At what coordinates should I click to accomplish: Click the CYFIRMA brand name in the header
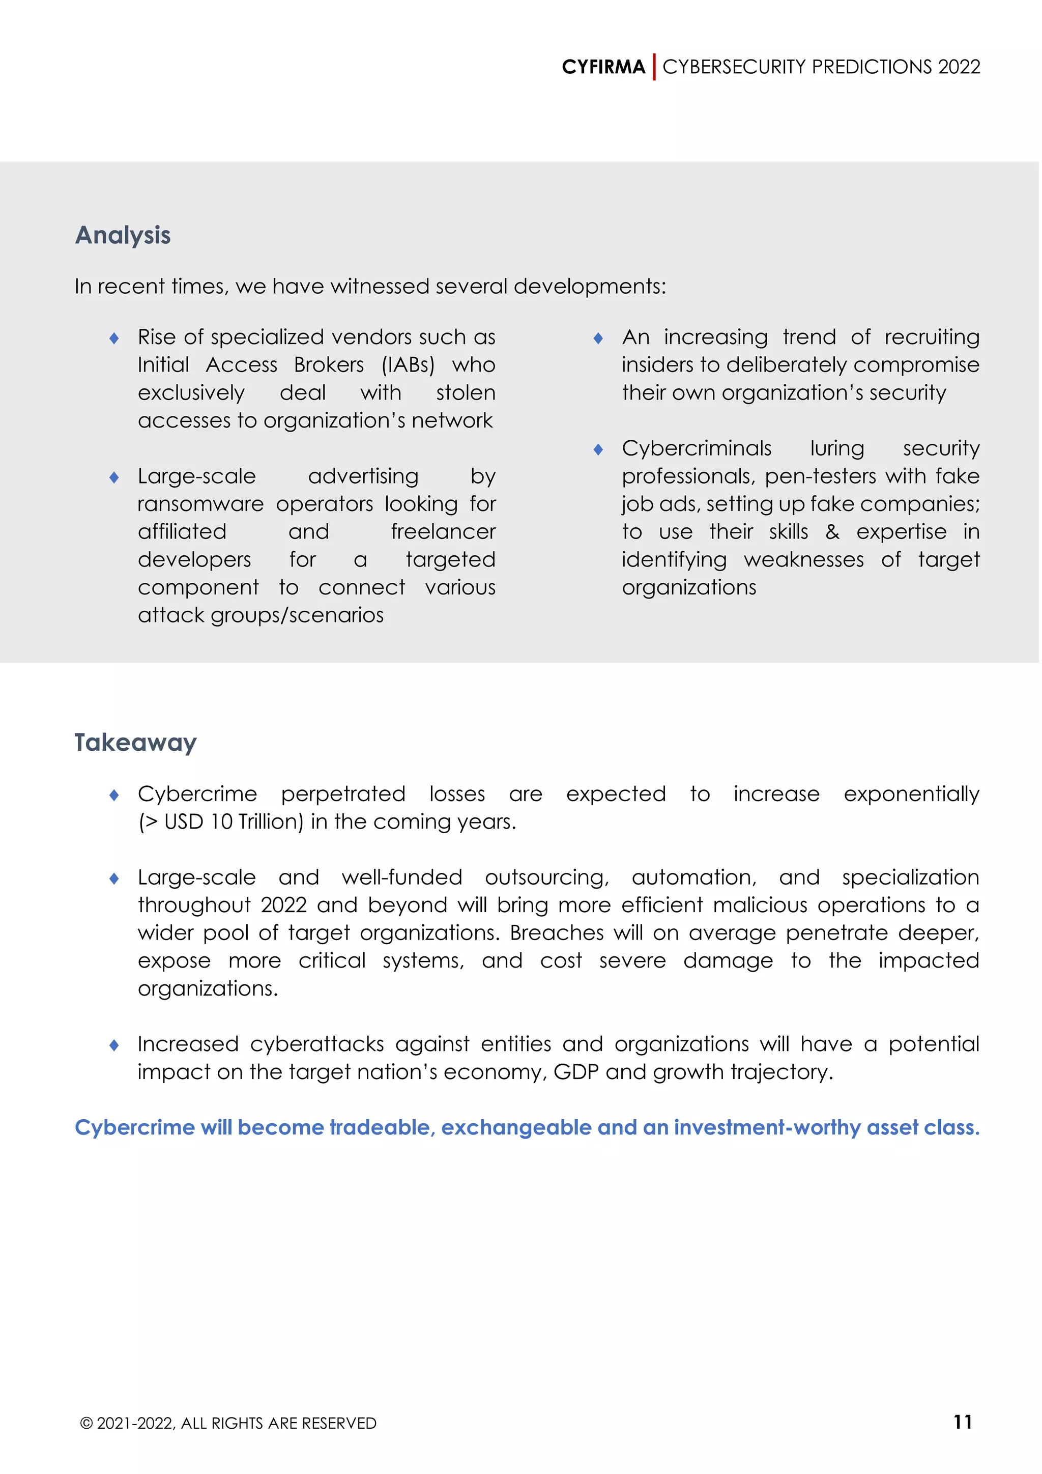[603, 67]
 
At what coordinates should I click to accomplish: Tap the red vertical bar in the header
[654, 67]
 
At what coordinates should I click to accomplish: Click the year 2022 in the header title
[959, 67]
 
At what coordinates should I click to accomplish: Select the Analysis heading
[123, 236]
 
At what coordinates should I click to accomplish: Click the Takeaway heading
[135, 743]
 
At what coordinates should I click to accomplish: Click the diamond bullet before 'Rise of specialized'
[114, 338]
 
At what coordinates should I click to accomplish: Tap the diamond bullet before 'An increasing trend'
[598, 338]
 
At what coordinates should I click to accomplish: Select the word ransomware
[200, 504]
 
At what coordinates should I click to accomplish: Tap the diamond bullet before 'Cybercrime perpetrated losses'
[114, 796]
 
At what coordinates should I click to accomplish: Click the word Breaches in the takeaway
[556, 933]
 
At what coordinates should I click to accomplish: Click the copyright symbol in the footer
[86, 1424]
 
